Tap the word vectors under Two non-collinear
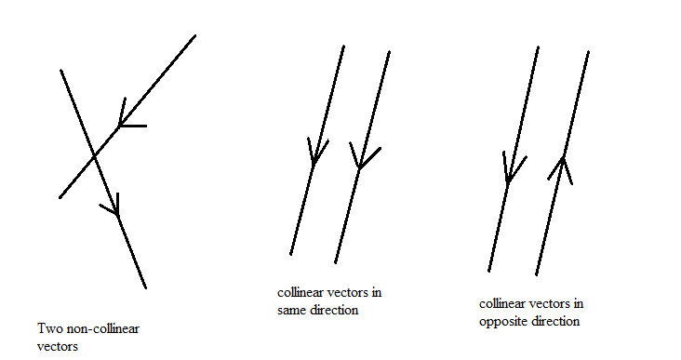click(x=58, y=347)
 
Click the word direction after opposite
click(x=552, y=321)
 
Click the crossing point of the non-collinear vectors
click(x=94, y=156)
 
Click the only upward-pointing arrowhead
click(x=562, y=167)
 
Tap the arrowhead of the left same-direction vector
click(x=316, y=151)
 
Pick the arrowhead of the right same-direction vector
click(x=364, y=156)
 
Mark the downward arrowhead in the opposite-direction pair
click(x=513, y=168)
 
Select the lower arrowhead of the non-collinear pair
click(x=112, y=205)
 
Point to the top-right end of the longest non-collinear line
click(x=195, y=35)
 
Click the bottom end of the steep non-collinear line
click(x=145, y=287)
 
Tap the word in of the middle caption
click(x=376, y=292)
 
